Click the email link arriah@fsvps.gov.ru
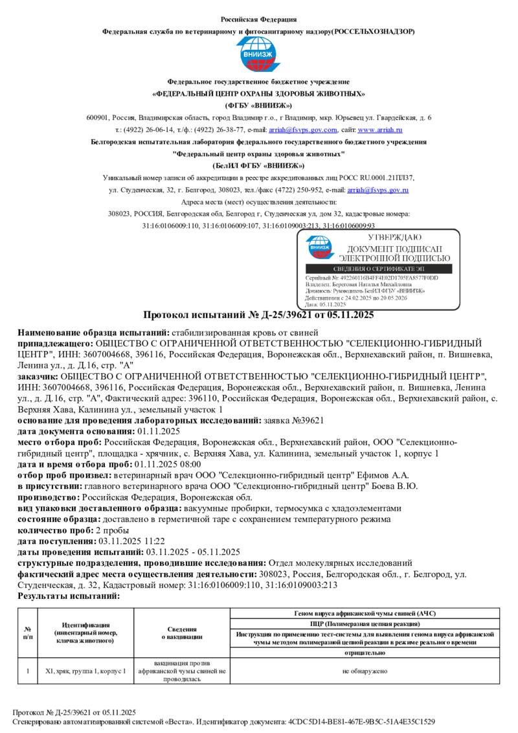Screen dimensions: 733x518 [x=377, y=190]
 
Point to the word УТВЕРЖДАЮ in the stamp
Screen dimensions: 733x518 [x=394, y=238]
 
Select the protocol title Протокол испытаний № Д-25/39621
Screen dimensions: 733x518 [x=258, y=315]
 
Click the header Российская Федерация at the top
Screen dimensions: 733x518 [x=258, y=19]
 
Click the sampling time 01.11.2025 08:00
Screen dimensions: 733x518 [x=166, y=464]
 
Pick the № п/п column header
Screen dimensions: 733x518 [x=28, y=632]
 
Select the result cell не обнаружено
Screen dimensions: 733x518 [x=365, y=671]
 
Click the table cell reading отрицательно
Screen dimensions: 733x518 [x=365, y=653]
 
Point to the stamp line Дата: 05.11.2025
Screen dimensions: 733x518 [x=326, y=304]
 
